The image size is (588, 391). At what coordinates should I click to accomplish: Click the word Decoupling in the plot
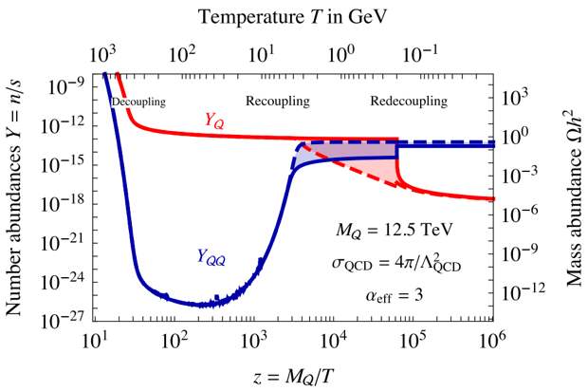pos(138,101)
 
